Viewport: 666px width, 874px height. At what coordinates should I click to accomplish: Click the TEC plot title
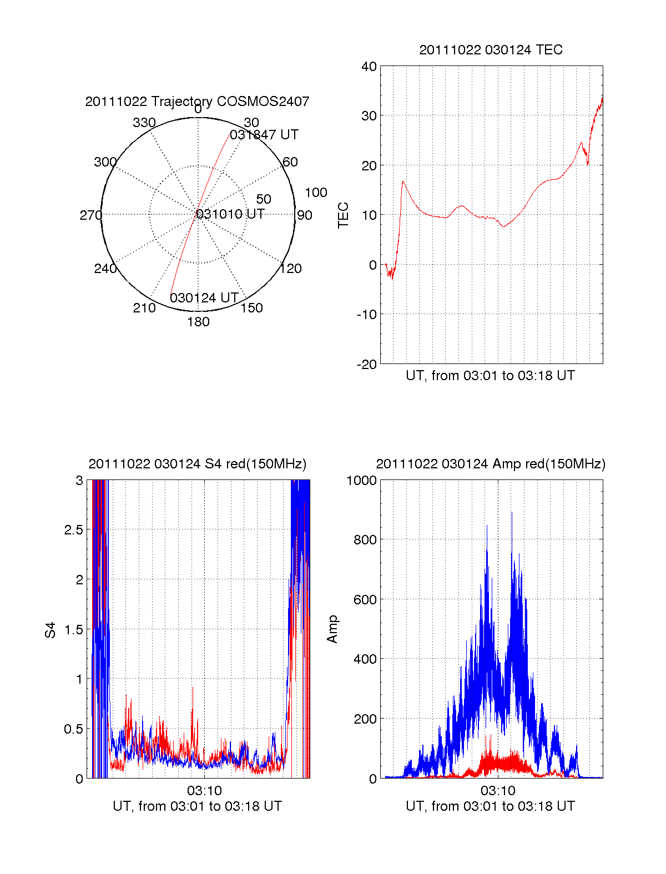click(x=491, y=50)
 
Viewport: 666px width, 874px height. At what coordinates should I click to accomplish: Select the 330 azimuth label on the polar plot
click(x=144, y=123)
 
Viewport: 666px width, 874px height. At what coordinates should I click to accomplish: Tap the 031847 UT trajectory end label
click(x=264, y=135)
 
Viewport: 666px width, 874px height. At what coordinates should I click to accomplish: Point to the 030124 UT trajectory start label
click(x=204, y=298)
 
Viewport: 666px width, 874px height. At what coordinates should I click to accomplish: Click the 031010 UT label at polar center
click(x=230, y=214)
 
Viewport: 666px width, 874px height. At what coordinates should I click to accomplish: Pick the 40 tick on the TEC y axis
click(x=369, y=67)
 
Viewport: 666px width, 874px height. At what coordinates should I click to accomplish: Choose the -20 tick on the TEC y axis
click(x=367, y=364)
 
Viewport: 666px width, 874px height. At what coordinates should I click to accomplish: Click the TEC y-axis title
click(x=344, y=215)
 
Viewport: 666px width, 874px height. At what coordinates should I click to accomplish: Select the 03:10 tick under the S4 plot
click(x=204, y=790)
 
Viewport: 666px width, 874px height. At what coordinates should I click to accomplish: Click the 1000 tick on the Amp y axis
click(x=361, y=481)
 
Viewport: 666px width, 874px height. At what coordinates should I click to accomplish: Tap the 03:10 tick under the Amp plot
click(x=498, y=790)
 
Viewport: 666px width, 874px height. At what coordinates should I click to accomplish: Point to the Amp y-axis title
click(x=332, y=629)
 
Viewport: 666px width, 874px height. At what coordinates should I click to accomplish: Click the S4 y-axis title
click(x=51, y=630)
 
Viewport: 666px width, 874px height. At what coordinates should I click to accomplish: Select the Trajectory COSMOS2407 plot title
click(x=197, y=102)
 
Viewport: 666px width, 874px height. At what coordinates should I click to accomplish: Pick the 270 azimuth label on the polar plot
click(x=90, y=215)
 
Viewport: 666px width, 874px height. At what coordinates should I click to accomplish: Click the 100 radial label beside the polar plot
click(x=316, y=193)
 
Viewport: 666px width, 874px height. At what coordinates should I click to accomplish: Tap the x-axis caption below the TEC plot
click(x=490, y=376)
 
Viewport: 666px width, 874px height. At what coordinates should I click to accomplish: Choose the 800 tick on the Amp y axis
click(x=365, y=540)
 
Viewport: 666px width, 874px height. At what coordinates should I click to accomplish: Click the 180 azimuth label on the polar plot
click(x=198, y=322)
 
